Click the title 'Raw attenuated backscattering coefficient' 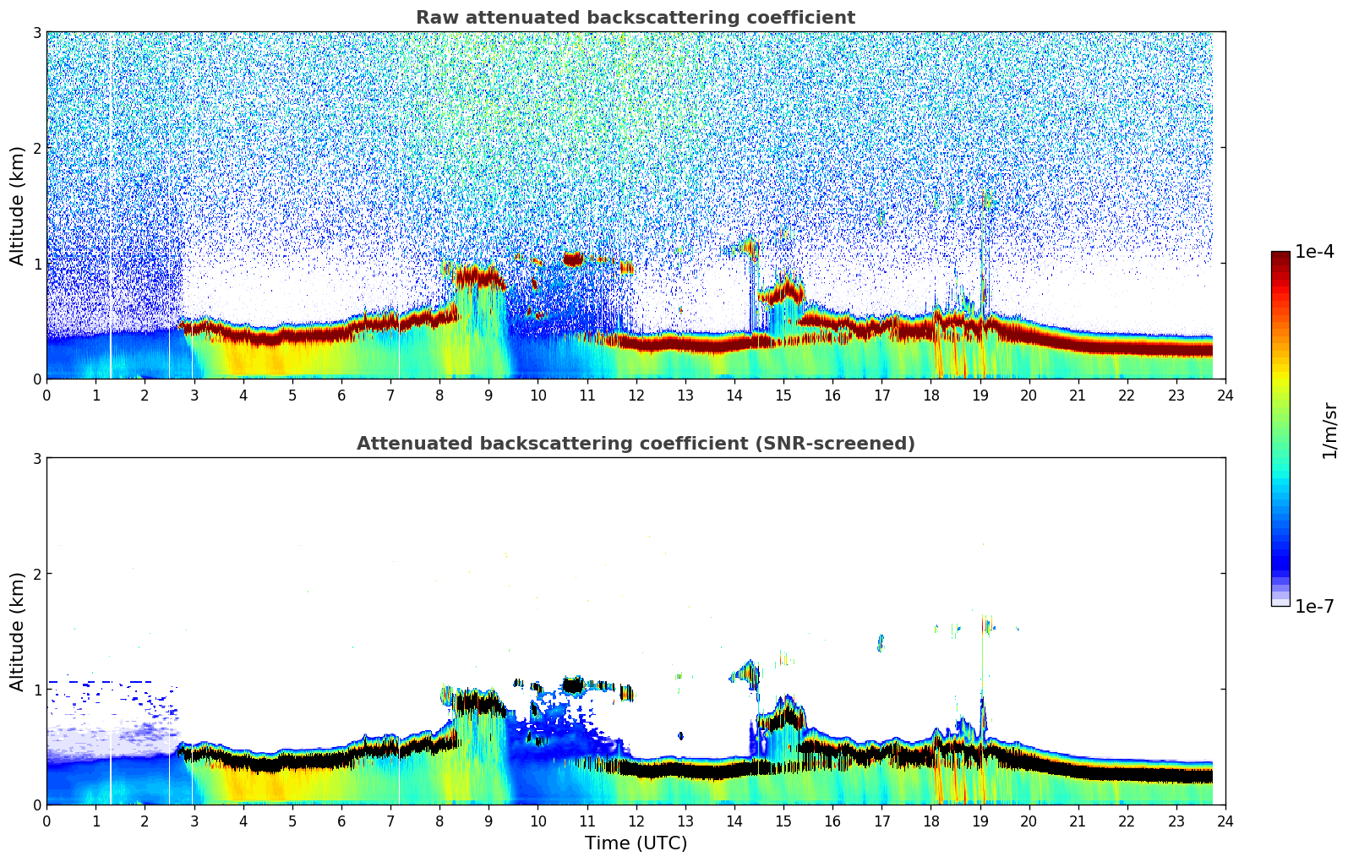[635, 18]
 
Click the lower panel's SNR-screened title [635, 444]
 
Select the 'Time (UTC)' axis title [636, 843]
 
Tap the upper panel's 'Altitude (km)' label [17, 205]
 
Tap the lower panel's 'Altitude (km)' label [17, 631]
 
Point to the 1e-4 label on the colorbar [1313, 252]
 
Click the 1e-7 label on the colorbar [1313, 606]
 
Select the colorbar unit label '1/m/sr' [1329, 429]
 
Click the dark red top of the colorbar [1280, 256]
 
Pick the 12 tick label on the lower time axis [636, 821]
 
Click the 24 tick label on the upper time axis [1225, 396]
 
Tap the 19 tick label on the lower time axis [980, 821]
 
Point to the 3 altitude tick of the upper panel [36, 32]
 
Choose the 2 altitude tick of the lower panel [36, 574]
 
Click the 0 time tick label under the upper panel [46, 396]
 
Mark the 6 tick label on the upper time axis [341, 396]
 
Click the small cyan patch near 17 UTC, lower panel [881, 643]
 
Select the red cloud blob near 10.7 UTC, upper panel [573, 259]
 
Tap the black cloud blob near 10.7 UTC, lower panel [573, 685]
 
